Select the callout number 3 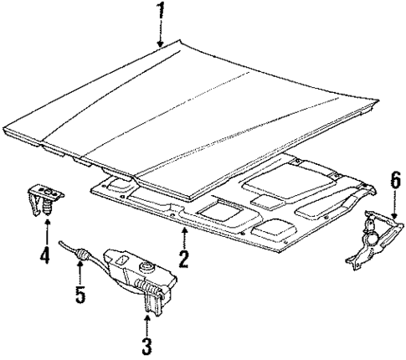click(147, 343)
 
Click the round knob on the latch click(145, 267)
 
